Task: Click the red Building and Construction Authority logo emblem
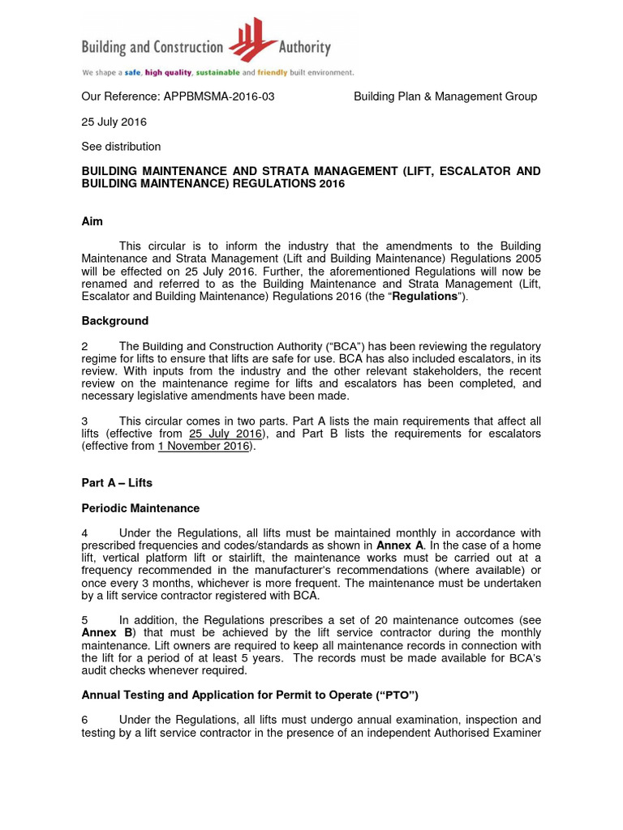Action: (x=253, y=42)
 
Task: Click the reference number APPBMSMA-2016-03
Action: (x=219, y=96)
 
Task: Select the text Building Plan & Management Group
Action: (x=445, y=96)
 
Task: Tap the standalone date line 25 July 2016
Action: (x=114, y=122)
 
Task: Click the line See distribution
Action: (x=121, y=147)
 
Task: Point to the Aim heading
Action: (x=92, y=220)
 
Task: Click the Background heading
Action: (x=114, y=321)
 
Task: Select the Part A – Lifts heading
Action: (x=117, y=482)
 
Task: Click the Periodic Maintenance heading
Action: (x=140, y=508)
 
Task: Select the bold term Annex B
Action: (x=107, y=633)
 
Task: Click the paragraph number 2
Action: (x=85, y=346)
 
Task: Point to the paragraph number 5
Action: (x=85, y=621)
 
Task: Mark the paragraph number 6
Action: (x=85, y=720)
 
